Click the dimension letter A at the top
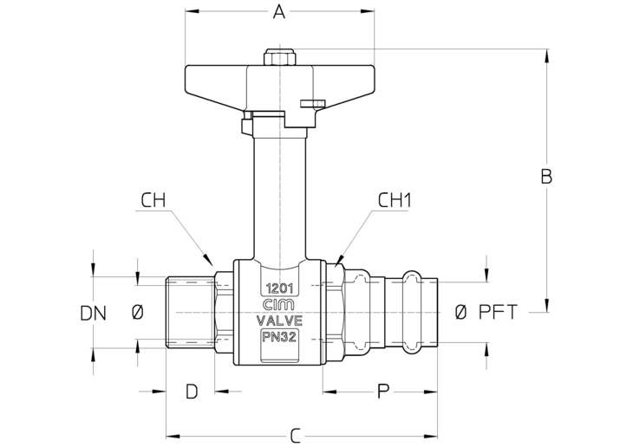tap(279, 12)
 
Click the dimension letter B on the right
tap(546, 177)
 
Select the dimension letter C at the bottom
tap(296, 436)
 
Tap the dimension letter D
tap(192, 392)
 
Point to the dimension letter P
tap(383, 392)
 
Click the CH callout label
tap(153, 200)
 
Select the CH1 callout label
tap(395, 200)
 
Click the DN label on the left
tap(94, 314)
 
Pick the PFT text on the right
tap(499, 312)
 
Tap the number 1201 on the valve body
tap(279, 288)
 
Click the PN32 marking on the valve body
tap(279, 337)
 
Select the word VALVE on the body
tap(280, 321)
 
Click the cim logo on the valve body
tap(279, 305)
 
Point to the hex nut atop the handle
tap(279, 57)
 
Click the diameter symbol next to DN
tap(138, 312)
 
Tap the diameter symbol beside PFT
tap(460, 312)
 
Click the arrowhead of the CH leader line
tap(208, 259)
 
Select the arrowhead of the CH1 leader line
tap(339, 260)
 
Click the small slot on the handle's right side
tap(312, 104)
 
